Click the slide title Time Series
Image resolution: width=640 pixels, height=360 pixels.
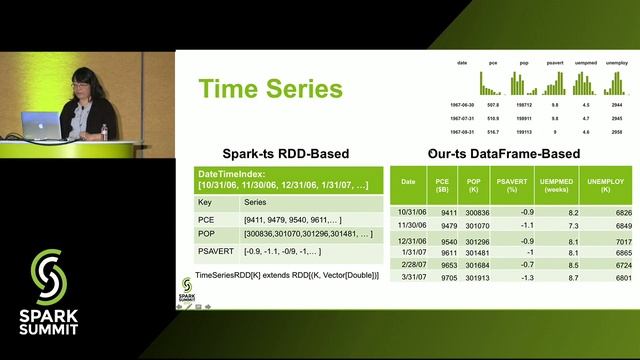click(270, 89)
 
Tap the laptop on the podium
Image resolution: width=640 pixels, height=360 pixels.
click(40, 124)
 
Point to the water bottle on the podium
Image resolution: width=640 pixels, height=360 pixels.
click(104, 131)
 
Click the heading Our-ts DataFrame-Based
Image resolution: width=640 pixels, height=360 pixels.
click(502, 154)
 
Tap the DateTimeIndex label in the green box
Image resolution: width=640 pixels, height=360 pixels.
click(230, 174)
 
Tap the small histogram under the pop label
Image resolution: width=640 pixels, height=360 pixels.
click(520, 80)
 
